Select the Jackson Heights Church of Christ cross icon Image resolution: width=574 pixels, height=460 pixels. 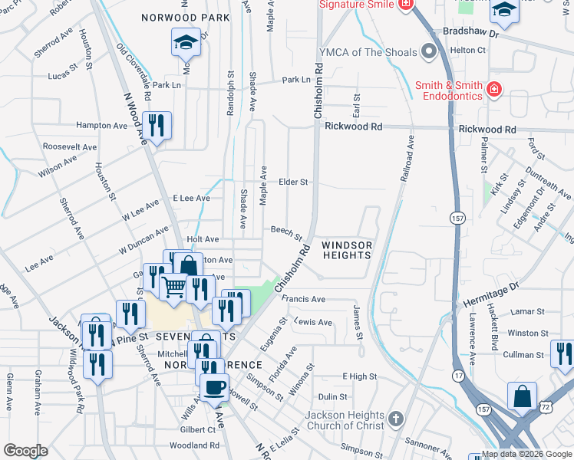[395, 419]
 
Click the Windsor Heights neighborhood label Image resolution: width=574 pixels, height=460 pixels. [347, 250]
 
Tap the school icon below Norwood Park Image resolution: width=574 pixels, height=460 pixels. [186, 43]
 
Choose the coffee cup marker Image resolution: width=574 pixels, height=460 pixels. [214, 386]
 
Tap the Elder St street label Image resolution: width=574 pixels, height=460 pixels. [293, 182]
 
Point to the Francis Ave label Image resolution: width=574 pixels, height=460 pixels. [303, 299]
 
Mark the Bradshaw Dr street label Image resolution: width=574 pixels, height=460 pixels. [471, 34]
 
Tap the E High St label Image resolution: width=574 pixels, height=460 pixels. [359, 376]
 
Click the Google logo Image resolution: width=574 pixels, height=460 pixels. [25, 451]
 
